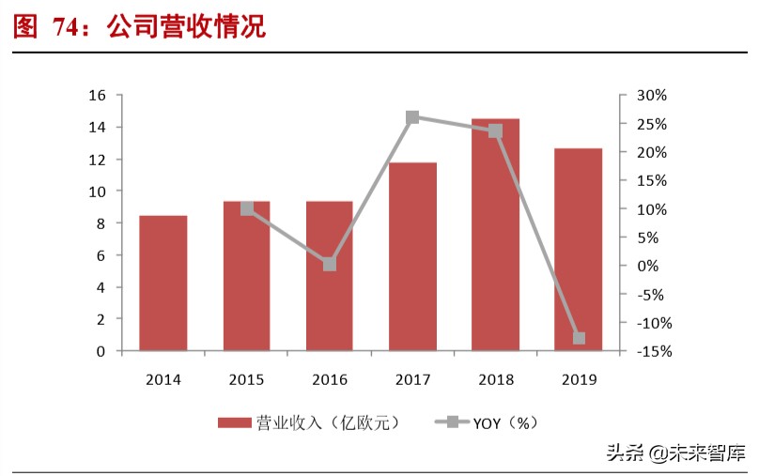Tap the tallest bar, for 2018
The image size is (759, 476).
click(x=495, y=235)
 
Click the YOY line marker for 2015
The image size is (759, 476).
click(x=247, y=208)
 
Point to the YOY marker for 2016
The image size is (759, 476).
click(x=330, y=265)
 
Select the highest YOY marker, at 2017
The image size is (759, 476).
click(x=412, y=117)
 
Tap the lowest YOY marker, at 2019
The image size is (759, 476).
click(x=579, y=338)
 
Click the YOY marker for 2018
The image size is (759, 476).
click(x=495, y=131)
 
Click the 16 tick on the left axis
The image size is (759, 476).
click(x=96, y=96)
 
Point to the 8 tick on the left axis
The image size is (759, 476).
click(x=101, y=223)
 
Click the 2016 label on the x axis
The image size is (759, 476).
click(x=330, y=380)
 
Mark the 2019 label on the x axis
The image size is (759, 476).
click(x=579, y=380)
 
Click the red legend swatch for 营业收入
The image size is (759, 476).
click(x=235, y=422)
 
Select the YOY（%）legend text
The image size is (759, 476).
click(x=508, y=422)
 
